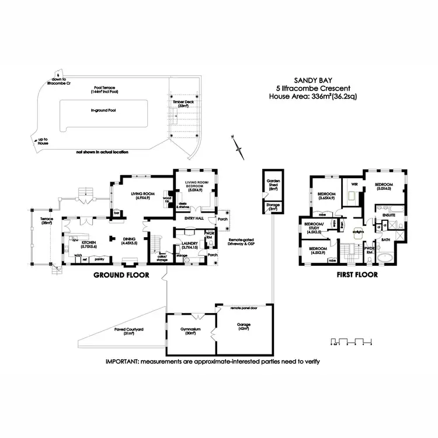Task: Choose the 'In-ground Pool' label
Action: tap(103, 109)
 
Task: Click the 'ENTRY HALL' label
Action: tap(193, 218)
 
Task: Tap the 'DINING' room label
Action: tap(128, 239)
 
